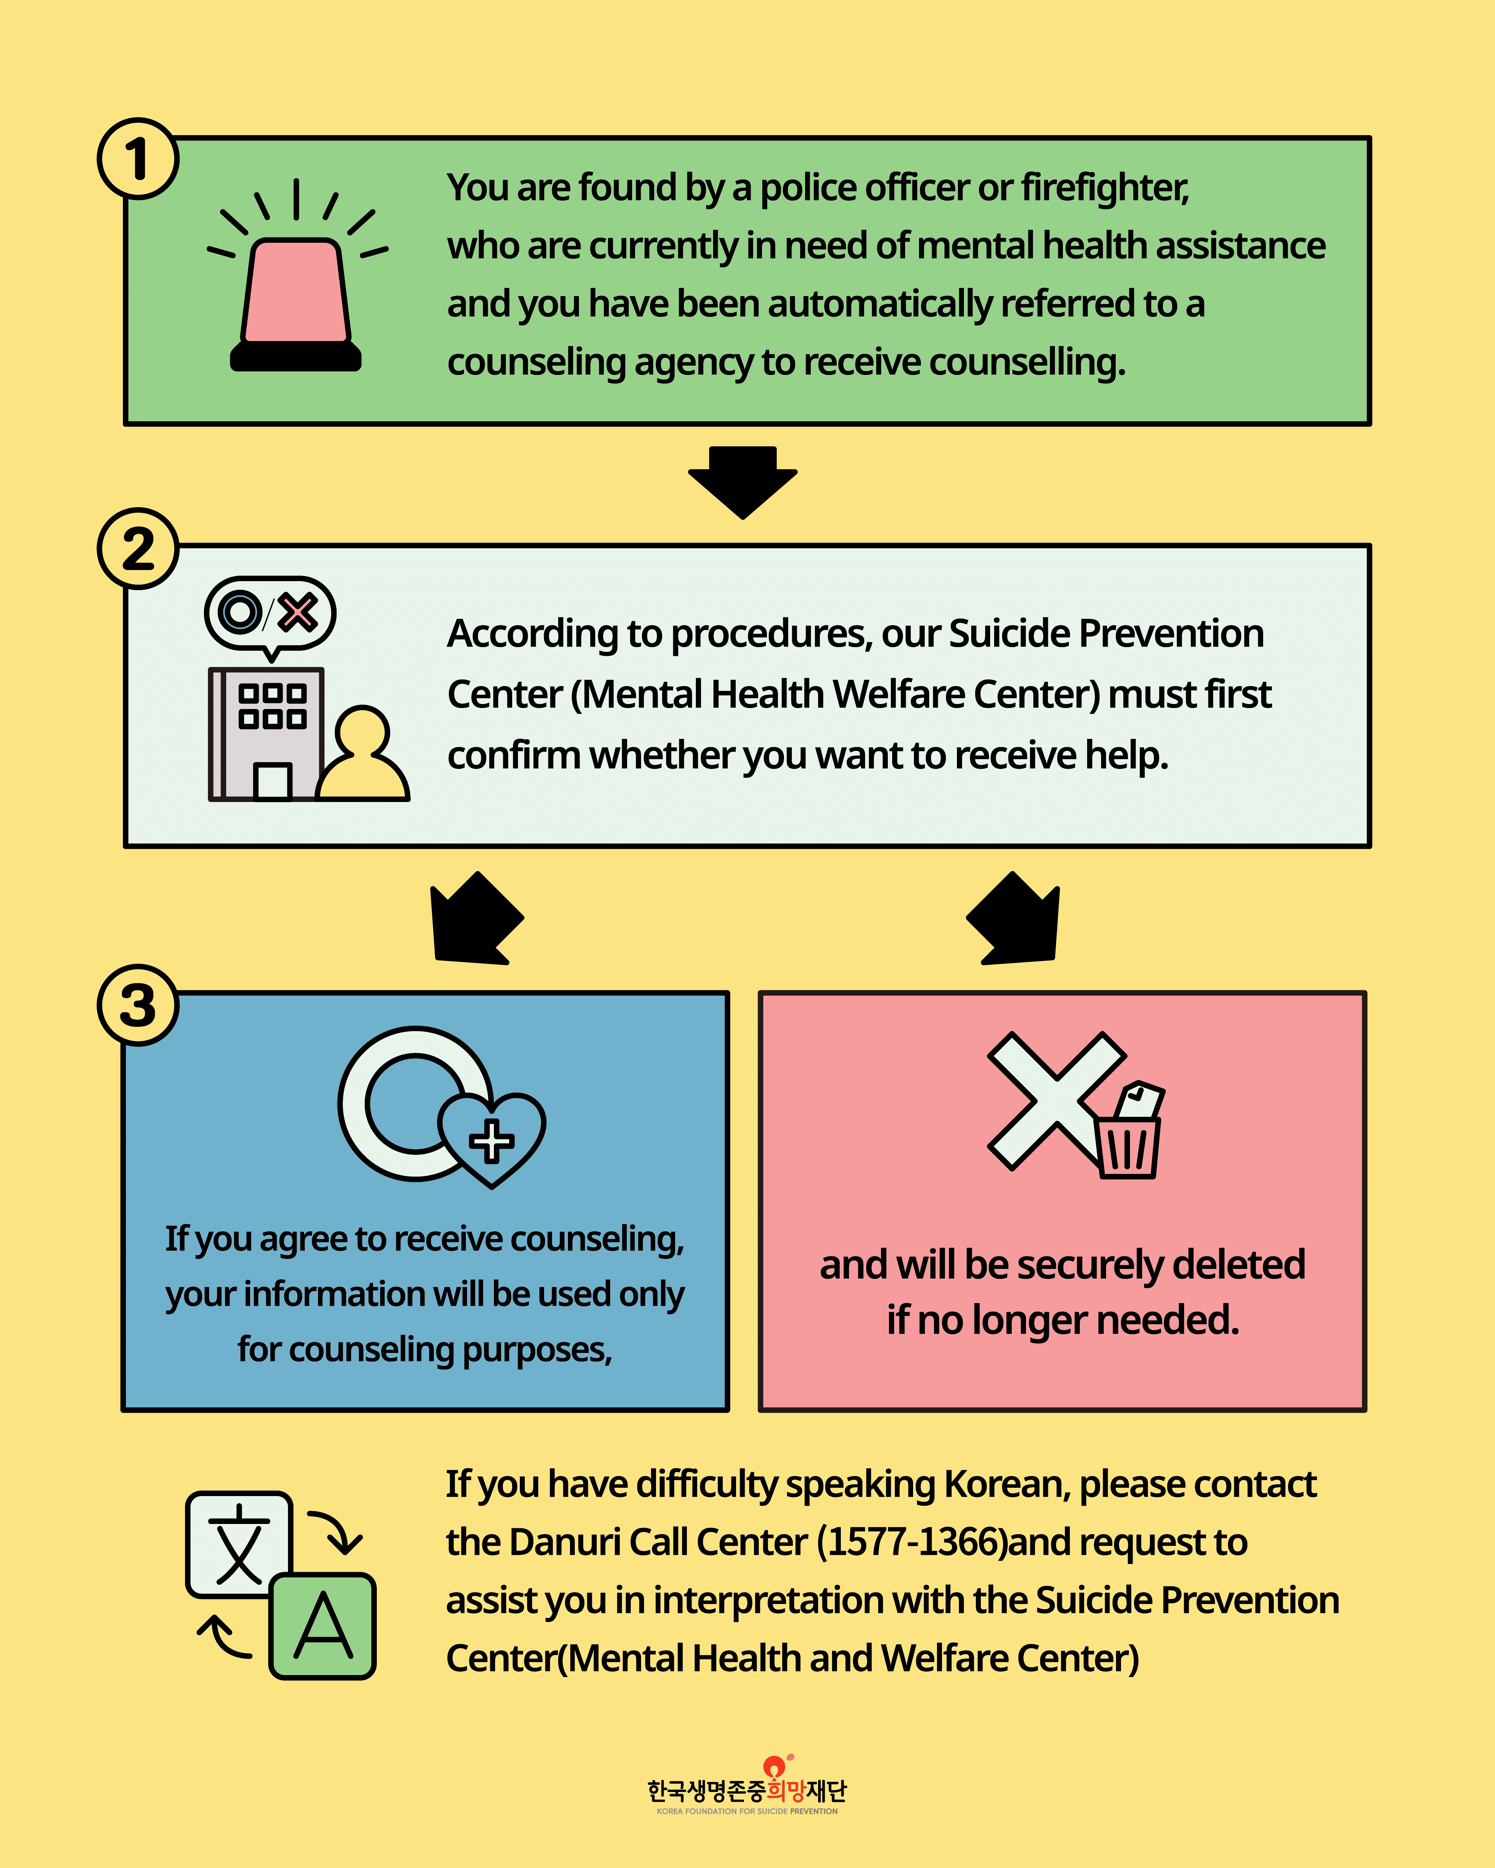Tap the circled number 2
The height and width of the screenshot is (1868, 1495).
pos(138,548)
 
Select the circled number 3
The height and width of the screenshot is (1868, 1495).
pos(138,1005)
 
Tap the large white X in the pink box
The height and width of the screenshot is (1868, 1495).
pos(1057,1100)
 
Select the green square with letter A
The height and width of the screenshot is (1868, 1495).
pos(323,1626)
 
